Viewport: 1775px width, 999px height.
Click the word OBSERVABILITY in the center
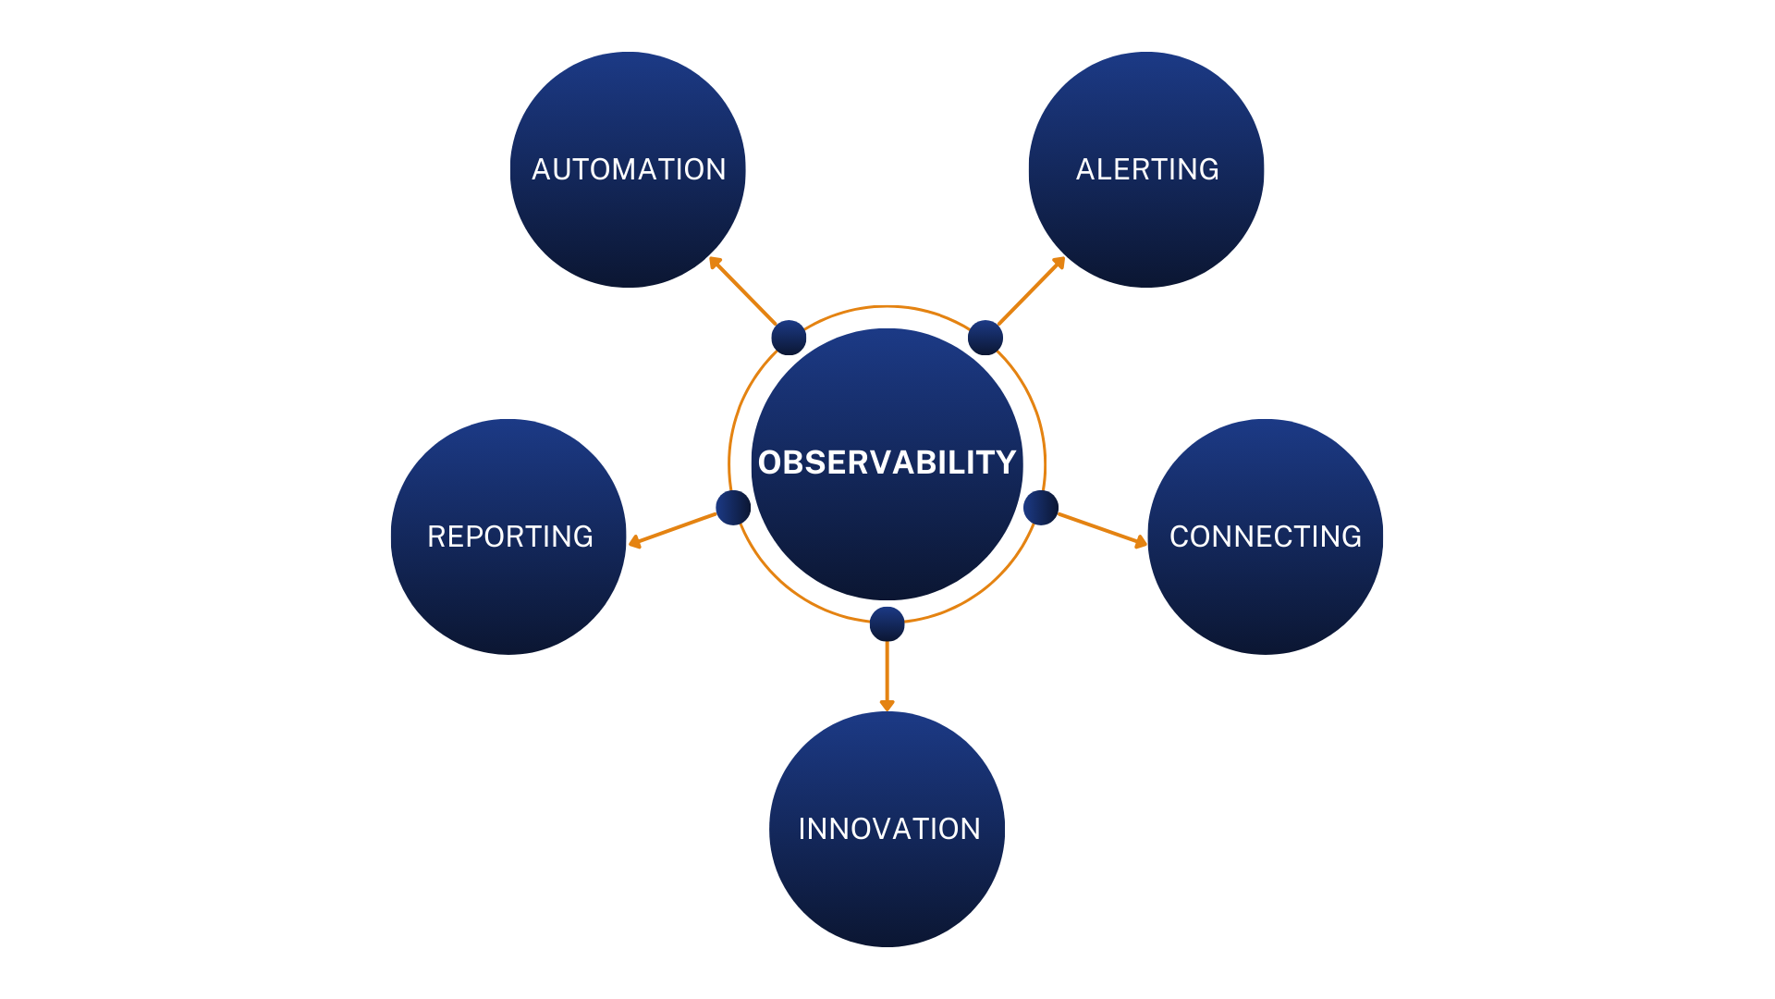887,462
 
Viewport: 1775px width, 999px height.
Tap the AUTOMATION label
629,169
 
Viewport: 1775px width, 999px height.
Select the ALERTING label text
1147,169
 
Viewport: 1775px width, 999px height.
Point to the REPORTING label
509,536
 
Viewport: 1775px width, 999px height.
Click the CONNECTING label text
1265,536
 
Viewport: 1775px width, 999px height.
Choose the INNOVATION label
888,829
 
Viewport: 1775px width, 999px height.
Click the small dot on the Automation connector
789,338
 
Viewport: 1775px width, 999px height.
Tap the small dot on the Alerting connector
985,338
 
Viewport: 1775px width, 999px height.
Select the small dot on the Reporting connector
733,508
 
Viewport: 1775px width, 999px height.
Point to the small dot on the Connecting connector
1041,508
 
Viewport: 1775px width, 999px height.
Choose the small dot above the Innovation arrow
887,624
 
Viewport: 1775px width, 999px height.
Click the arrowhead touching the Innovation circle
887,706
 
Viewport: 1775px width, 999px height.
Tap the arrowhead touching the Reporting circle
634,542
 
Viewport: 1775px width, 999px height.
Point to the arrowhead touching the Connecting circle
1141,542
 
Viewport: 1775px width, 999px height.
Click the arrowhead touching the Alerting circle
1059,263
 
